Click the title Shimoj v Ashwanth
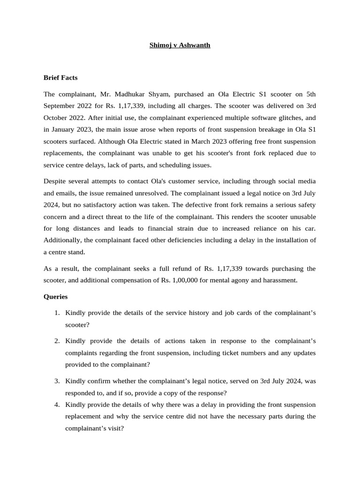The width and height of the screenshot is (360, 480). coord(180,45)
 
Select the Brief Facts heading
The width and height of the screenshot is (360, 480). coord(60,77)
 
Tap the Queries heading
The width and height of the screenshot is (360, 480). coord(55,297)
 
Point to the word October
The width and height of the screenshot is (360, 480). coord(57,118)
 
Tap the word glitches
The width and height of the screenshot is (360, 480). coord(281,118)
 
